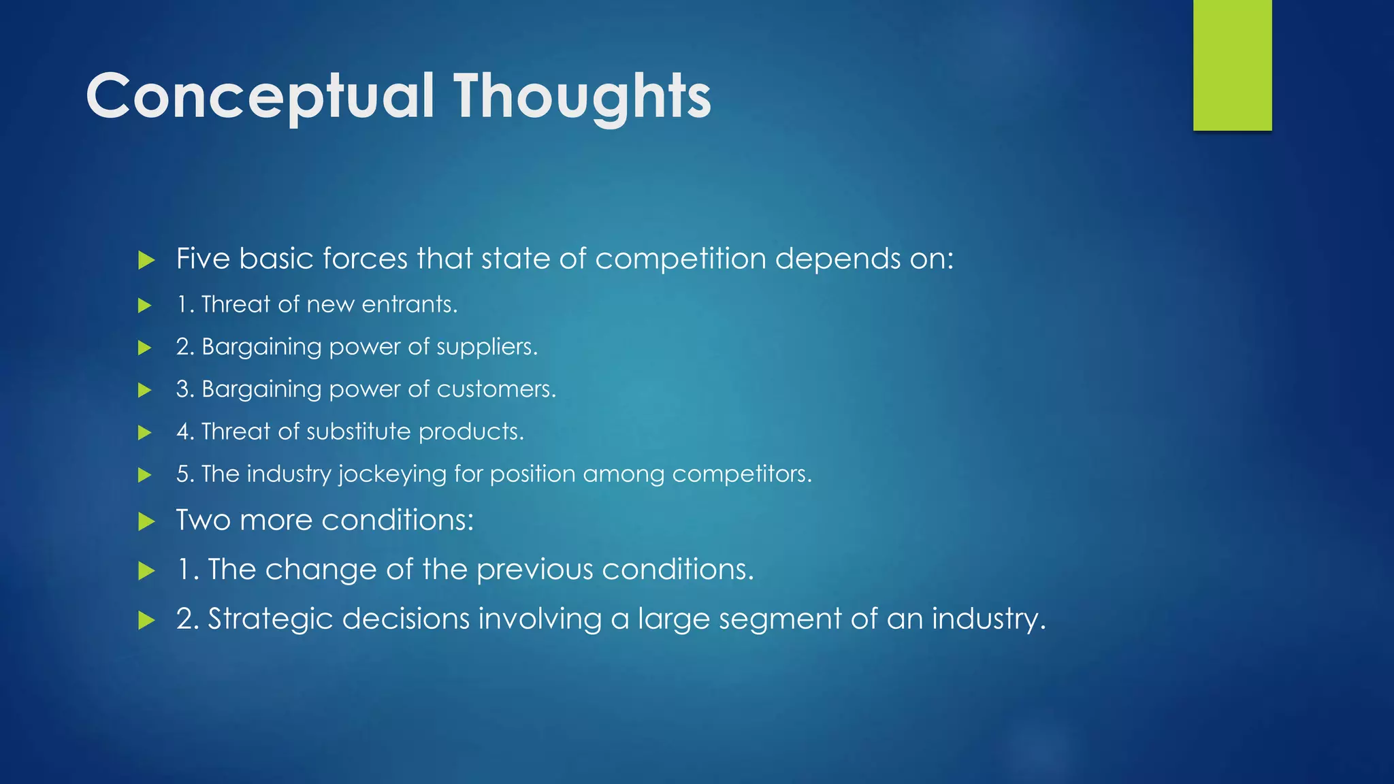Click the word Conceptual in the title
[x=260, y=96]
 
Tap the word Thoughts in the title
[x=583, y=96]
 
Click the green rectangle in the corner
[x=1232, y=65]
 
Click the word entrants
[x=409, y=304]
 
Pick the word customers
[x=496, y=389]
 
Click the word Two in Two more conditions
[x=204, y=521]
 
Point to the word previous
[x=535, y=570]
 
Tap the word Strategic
[x=271, y=619]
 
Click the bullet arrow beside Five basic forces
[x=146, y=260]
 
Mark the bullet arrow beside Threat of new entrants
[x=144, y=305]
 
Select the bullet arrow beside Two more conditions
[x=146, y=522]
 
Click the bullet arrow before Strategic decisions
[x=146, y=620]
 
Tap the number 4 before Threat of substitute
[x=182, y=431]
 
